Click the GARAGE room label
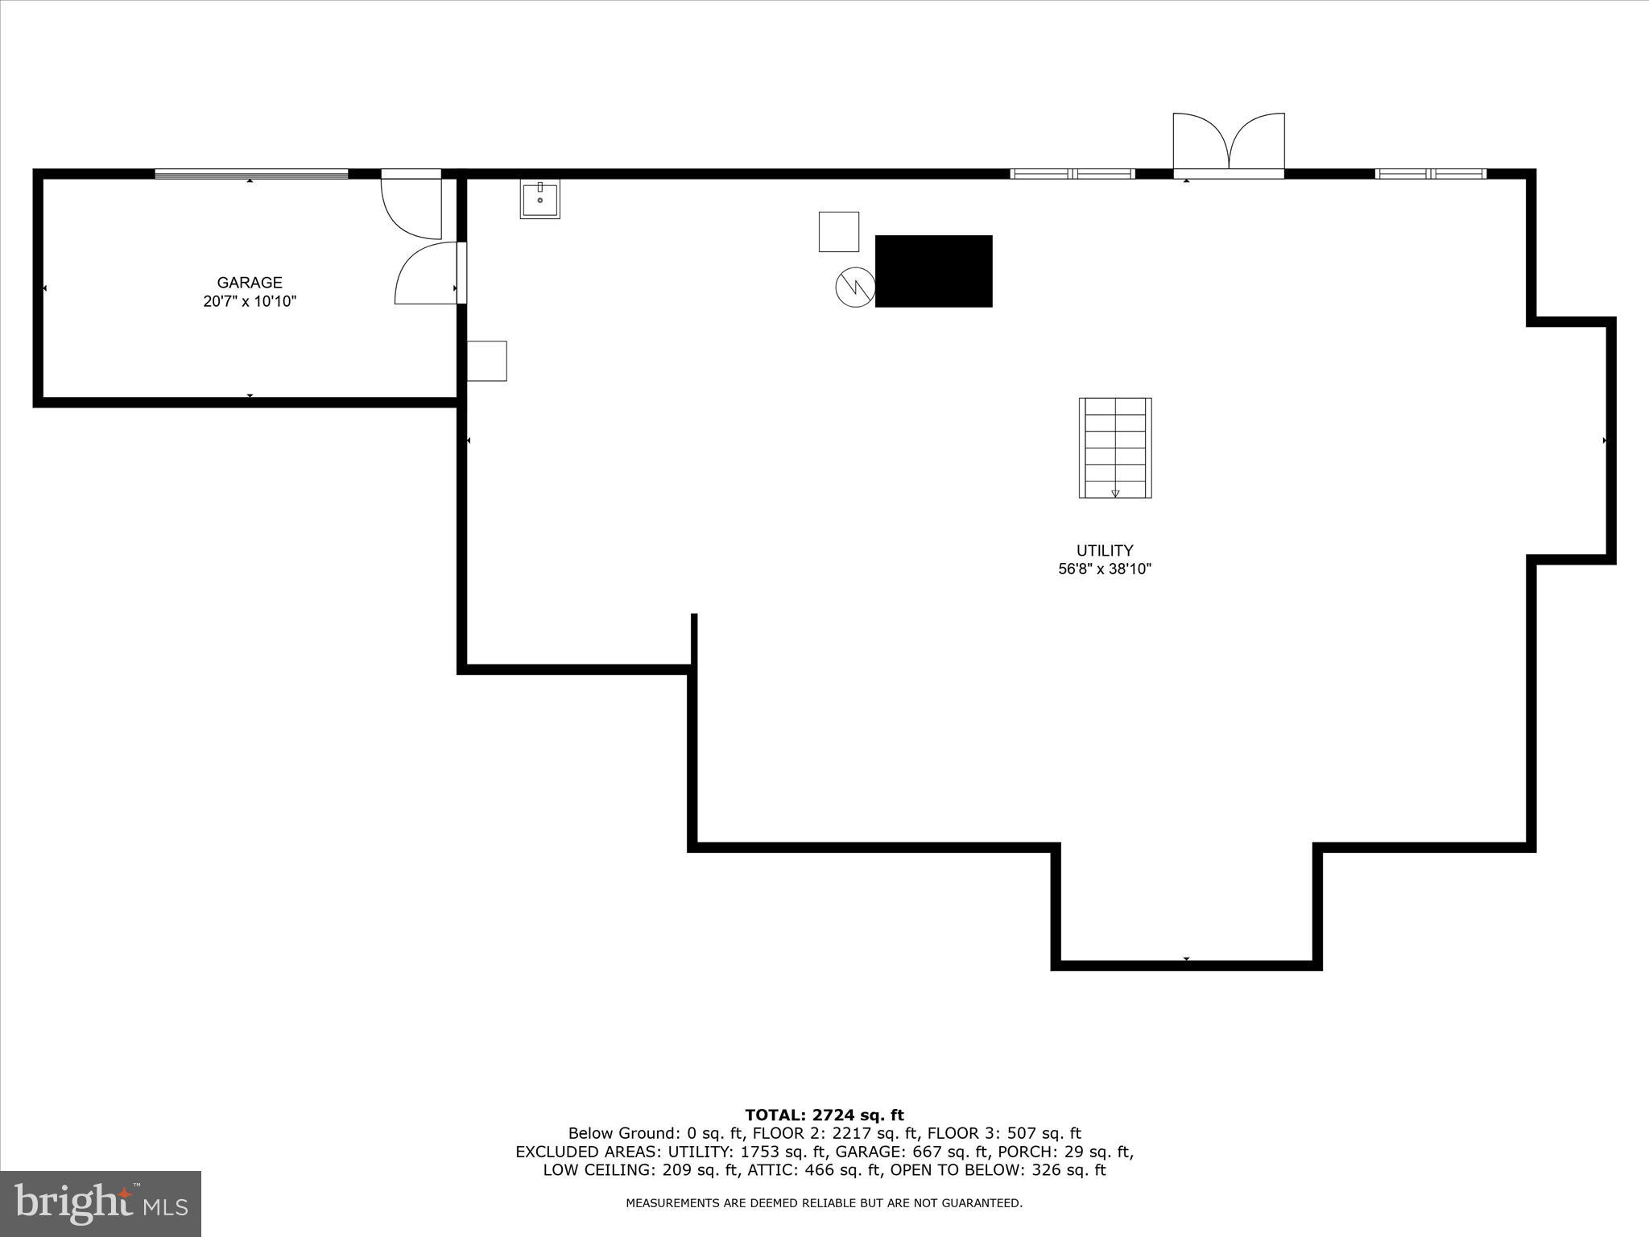click(250, 283)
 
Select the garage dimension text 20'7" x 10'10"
click(250, 302)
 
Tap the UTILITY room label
click(1105, 551)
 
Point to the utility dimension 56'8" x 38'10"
click(1105, 569)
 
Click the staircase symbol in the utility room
click(1115, 448)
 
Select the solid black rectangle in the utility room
click(933, 271)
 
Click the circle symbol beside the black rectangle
click(855, 287)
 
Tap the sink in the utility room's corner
click(539, 199)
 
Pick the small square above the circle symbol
click(839, 232)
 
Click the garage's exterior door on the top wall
click(412, 206)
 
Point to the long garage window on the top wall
click(251, 174)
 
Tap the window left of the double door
click(1072, 174)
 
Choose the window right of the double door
click(1431, 174)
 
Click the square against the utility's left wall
click(487, 361)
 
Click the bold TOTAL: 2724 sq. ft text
click(824, 1115)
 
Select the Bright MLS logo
click(101, 1203)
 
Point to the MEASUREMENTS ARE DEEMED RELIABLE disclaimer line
click(824, 1203)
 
